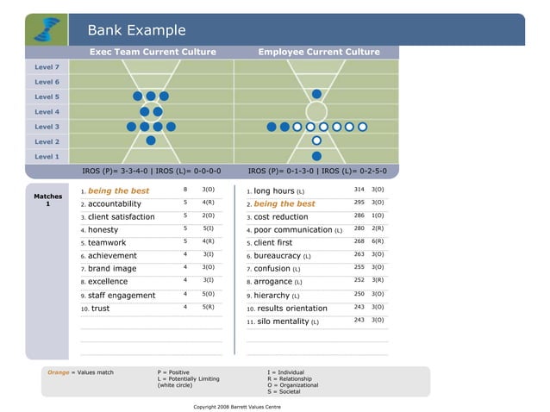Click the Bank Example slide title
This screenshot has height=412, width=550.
136,30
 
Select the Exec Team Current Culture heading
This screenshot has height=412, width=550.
153,52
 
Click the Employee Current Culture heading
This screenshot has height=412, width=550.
318,52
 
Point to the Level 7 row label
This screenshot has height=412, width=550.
47,67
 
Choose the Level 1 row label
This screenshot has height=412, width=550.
47,156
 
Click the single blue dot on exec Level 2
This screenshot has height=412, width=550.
151,140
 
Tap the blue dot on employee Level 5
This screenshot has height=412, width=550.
316,94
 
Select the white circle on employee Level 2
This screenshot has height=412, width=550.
316,140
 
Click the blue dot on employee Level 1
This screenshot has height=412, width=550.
316,156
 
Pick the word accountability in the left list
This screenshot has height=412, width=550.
115,204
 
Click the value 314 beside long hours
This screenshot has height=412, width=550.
359,189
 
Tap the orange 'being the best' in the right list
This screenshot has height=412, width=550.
284,204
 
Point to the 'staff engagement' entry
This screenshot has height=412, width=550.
122,296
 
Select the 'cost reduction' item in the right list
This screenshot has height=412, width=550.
280,217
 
